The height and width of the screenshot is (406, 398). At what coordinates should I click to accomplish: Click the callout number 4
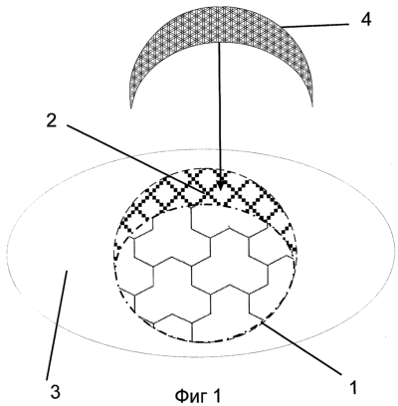(x=365, y=20)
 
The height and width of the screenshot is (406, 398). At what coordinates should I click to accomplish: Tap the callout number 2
(x=51, y=121)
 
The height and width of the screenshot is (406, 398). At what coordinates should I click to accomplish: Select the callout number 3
(x=55, y=392)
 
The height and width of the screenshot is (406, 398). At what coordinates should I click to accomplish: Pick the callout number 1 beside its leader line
(x=353, y=387)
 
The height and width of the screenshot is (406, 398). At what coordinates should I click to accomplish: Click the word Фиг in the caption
(x=190, y=395)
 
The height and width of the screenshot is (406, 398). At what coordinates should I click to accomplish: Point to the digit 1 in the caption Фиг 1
(x=216, y=395)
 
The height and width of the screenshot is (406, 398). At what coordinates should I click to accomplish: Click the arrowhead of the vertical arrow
(x=219, y=185)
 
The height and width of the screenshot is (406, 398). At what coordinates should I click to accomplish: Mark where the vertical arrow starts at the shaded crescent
(x=219, y=43)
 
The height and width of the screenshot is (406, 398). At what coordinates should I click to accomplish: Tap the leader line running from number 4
(x=315, y=25)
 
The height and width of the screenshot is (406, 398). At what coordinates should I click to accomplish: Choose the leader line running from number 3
(x=57, y=325)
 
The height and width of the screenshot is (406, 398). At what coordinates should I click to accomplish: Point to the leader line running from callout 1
(x=301, y=347)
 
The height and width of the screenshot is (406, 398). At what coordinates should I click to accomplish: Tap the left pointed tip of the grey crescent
(x=131, y=107)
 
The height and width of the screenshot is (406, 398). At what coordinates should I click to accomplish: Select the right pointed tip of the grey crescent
(x=312, y=105)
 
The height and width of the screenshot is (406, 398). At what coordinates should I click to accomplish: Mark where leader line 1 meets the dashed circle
(x=262, y=320)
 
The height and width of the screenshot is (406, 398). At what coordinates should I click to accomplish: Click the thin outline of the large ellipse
(x=200, y=149)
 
